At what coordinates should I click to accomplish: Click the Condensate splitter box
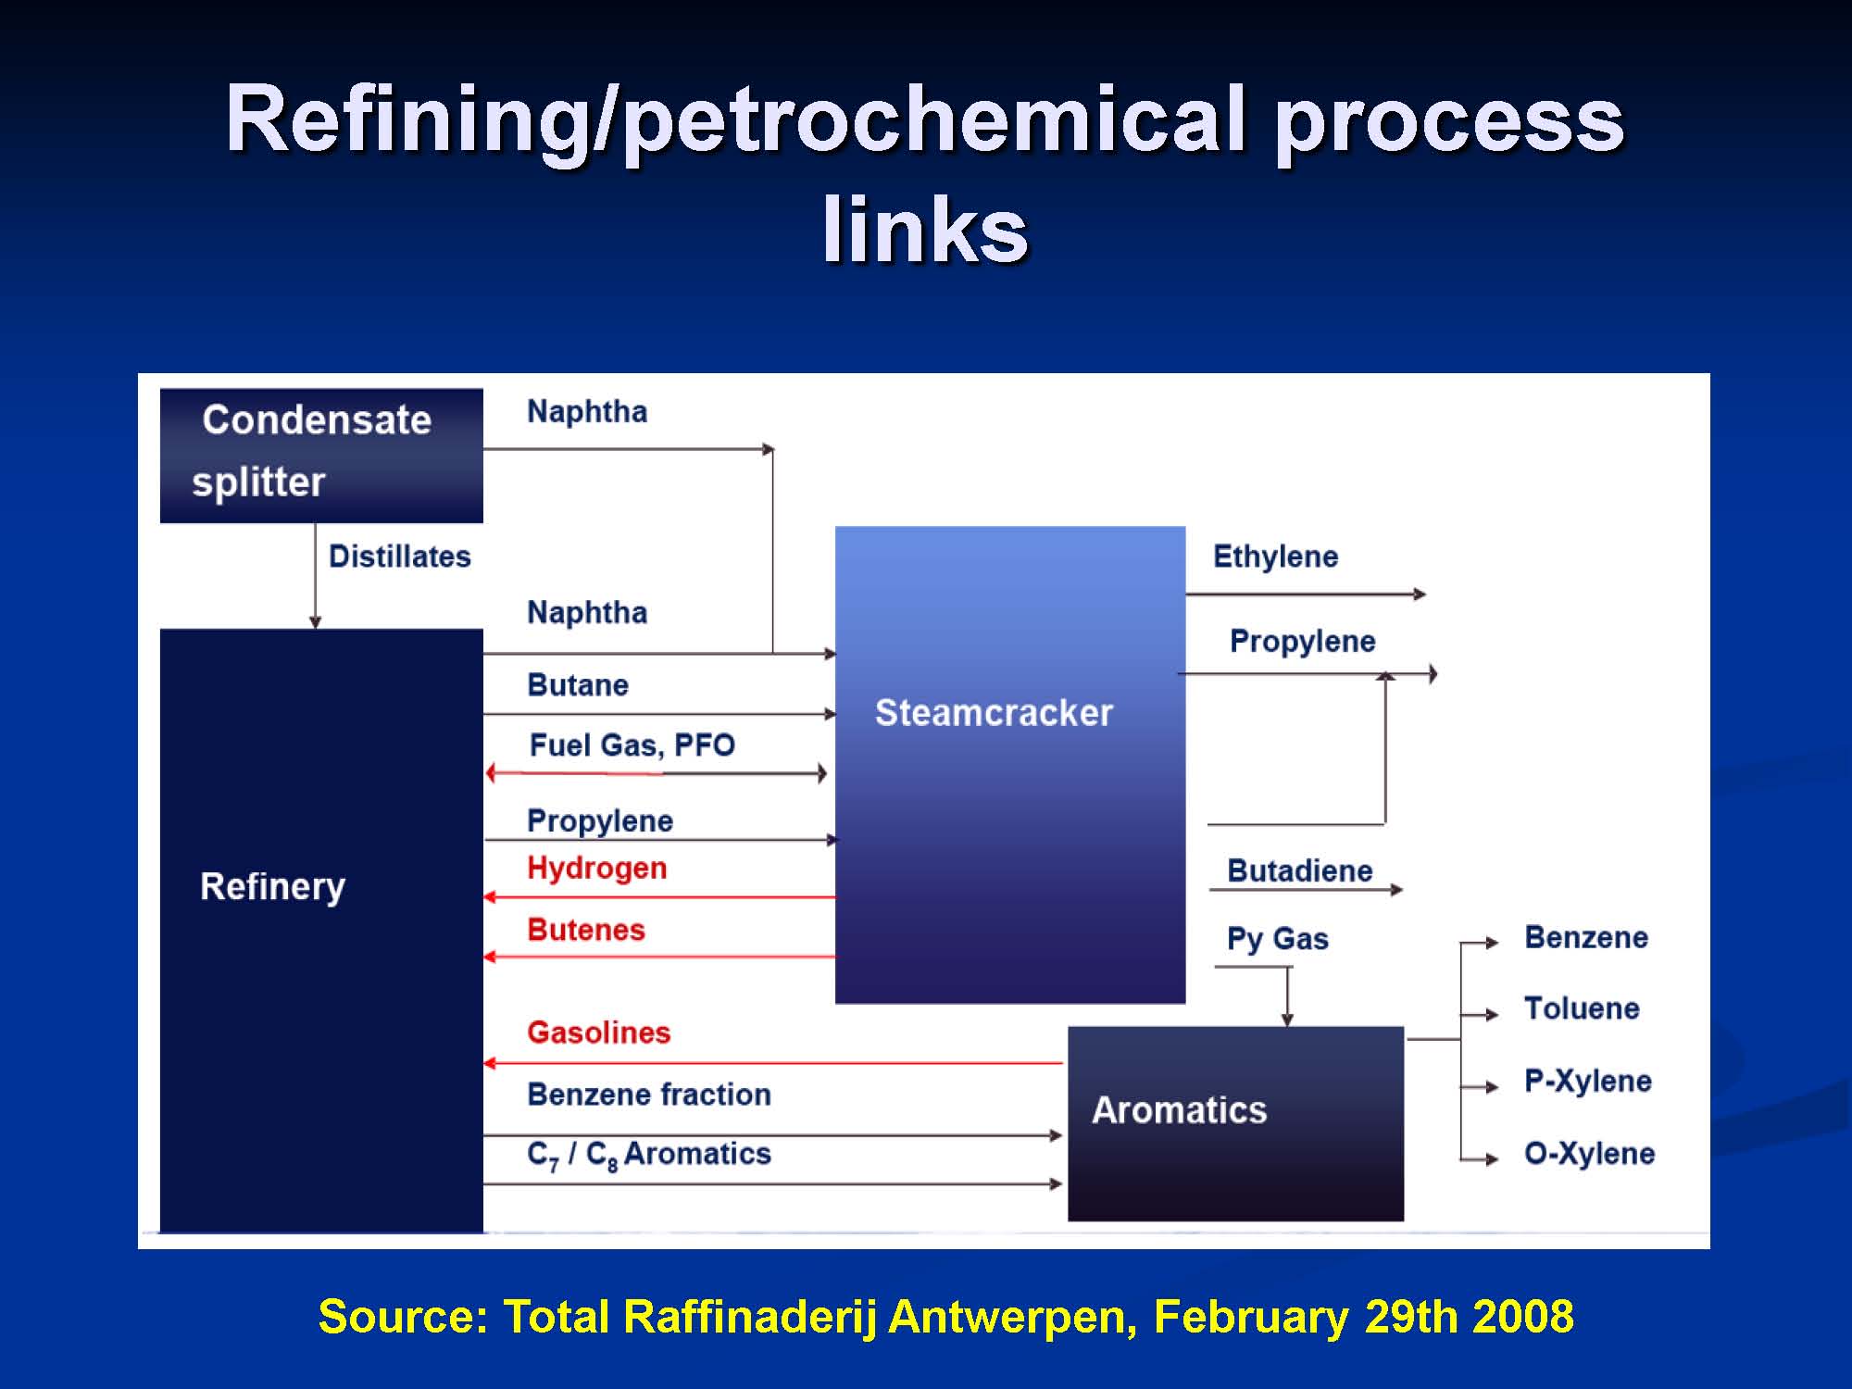(x=321, y=456)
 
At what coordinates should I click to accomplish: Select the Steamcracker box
(x=1010, y=765)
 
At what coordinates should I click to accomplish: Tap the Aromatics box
(x=1235, y=1123)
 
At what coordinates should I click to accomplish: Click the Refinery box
(x=321, y=931)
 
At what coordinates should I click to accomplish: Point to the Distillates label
(x=400, y=557)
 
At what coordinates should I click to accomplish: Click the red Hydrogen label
(x=597, y=869)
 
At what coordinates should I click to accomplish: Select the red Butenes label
(x=586, y=930)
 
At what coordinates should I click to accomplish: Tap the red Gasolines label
(x=599, y=1032)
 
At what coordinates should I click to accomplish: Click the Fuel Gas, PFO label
(x=632, y=745)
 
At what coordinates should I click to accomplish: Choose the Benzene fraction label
(x=649, y=1095)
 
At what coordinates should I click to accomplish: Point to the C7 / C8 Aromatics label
(x=649, y=1155)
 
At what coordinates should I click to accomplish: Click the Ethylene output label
(x=1276, y=557)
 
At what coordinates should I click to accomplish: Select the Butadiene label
(x=1300, y=870)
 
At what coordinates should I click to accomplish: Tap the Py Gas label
(x=1278, y=939)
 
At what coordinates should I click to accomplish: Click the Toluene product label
(x=1583, y=1008)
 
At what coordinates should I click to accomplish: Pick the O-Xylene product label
(x=1590, y=1154)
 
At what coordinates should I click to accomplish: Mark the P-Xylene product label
(x=1589, y=1081)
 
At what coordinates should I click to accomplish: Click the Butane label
(x=578, y=685)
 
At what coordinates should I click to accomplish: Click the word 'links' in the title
(x=925, y=230)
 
